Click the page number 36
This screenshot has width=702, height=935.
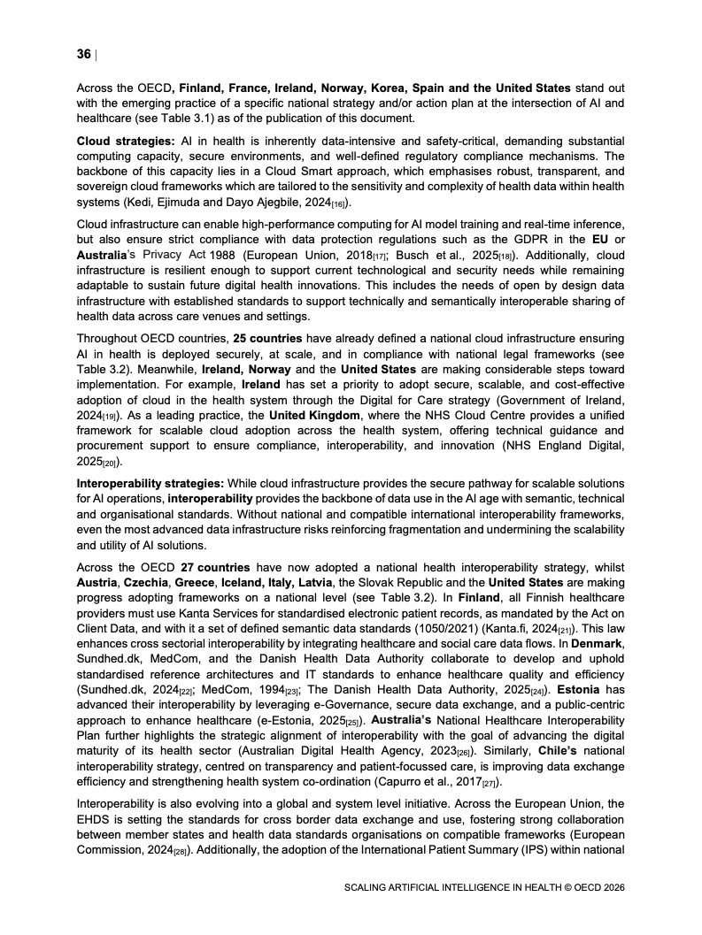pyautogui.click(x=84, y=54)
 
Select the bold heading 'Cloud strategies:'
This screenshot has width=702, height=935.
pyautogui.click(x=125, y=142)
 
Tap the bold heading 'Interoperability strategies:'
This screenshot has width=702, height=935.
pyautogui.click(x=151, y=483)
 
